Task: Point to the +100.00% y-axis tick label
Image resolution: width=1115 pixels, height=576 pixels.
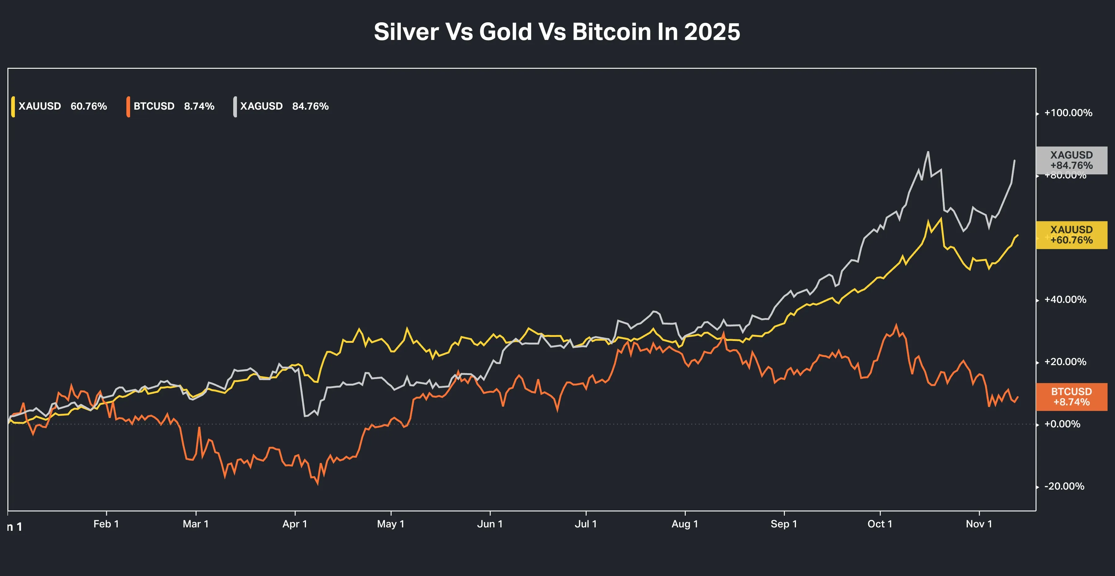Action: click(1068, 113)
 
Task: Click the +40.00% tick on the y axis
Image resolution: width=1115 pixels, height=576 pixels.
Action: click(1065, 299)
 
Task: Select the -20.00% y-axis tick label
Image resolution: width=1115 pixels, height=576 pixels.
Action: click(1064, 487)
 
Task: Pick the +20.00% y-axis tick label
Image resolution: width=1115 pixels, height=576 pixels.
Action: click(1065, 362)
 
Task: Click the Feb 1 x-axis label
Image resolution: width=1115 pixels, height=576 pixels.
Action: click(106, 524)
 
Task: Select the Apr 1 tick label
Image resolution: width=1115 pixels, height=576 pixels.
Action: click(295, 524)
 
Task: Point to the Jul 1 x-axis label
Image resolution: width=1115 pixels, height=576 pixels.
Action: click(586, 524)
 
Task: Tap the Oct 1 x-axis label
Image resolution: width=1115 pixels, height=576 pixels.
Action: click(880, 524)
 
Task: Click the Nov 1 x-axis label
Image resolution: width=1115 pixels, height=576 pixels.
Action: click(979, 524)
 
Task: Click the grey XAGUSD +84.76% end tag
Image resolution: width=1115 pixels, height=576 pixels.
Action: click(1071, 160)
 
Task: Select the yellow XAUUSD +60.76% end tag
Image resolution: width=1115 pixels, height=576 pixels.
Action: click(1071, 235)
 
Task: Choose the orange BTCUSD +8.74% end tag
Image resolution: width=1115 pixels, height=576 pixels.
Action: click(1071, 397)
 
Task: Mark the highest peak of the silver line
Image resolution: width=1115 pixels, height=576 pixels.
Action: click(928, 152)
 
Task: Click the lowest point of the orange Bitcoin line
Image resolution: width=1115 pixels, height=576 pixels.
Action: click(318, 484)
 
